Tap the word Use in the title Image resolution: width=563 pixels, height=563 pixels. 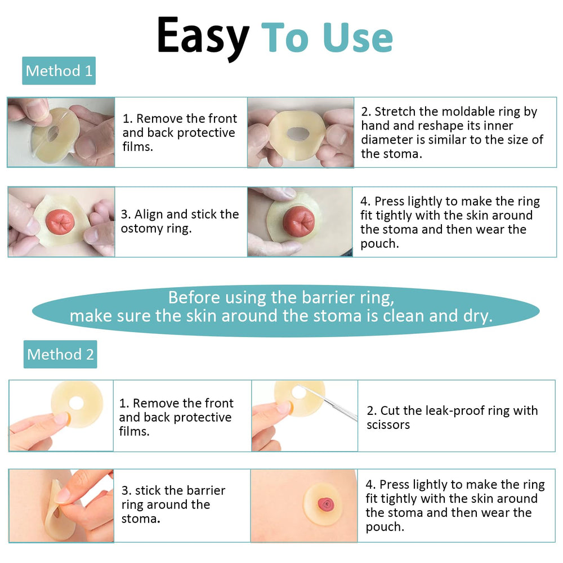tap(358, 37)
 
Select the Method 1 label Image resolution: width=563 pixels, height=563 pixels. tap(59, 71)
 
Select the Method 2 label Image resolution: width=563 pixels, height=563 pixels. tap(60, 354)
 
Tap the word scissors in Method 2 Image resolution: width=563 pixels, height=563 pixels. tap(388, 425)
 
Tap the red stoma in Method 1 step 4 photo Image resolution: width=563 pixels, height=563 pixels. tap(299, 221)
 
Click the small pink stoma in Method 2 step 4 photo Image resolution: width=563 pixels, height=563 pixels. tap(325, 504)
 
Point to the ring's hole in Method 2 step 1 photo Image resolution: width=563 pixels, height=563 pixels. tap(76, 403)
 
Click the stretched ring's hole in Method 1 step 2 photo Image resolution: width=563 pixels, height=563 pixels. tap(298, 134)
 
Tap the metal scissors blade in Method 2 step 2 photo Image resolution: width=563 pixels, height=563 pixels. tap(328, 401)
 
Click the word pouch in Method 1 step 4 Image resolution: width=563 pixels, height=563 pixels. tap(379, 244)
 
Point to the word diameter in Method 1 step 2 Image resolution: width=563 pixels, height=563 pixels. tap(387, 140)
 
